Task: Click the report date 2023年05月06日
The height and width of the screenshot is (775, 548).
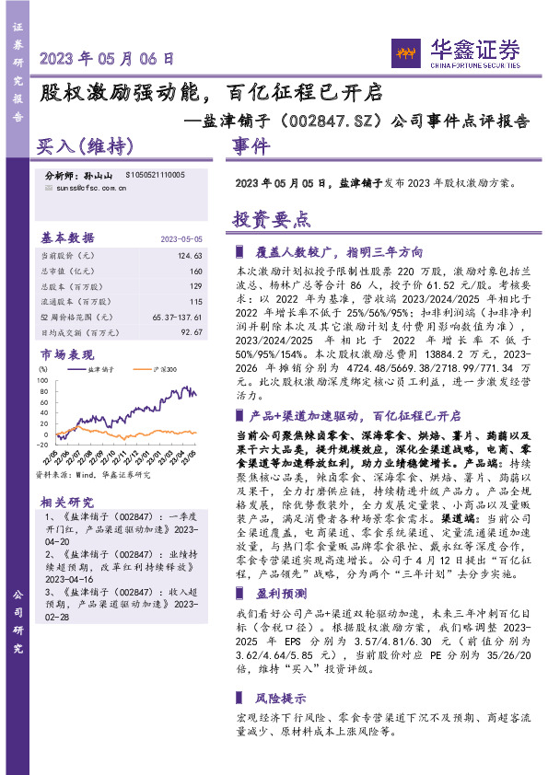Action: [108, 58]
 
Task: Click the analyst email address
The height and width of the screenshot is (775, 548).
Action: [86, 187]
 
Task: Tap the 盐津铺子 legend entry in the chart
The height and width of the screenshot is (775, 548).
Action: [98, 369]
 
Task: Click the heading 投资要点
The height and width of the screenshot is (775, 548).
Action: [272, 220]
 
